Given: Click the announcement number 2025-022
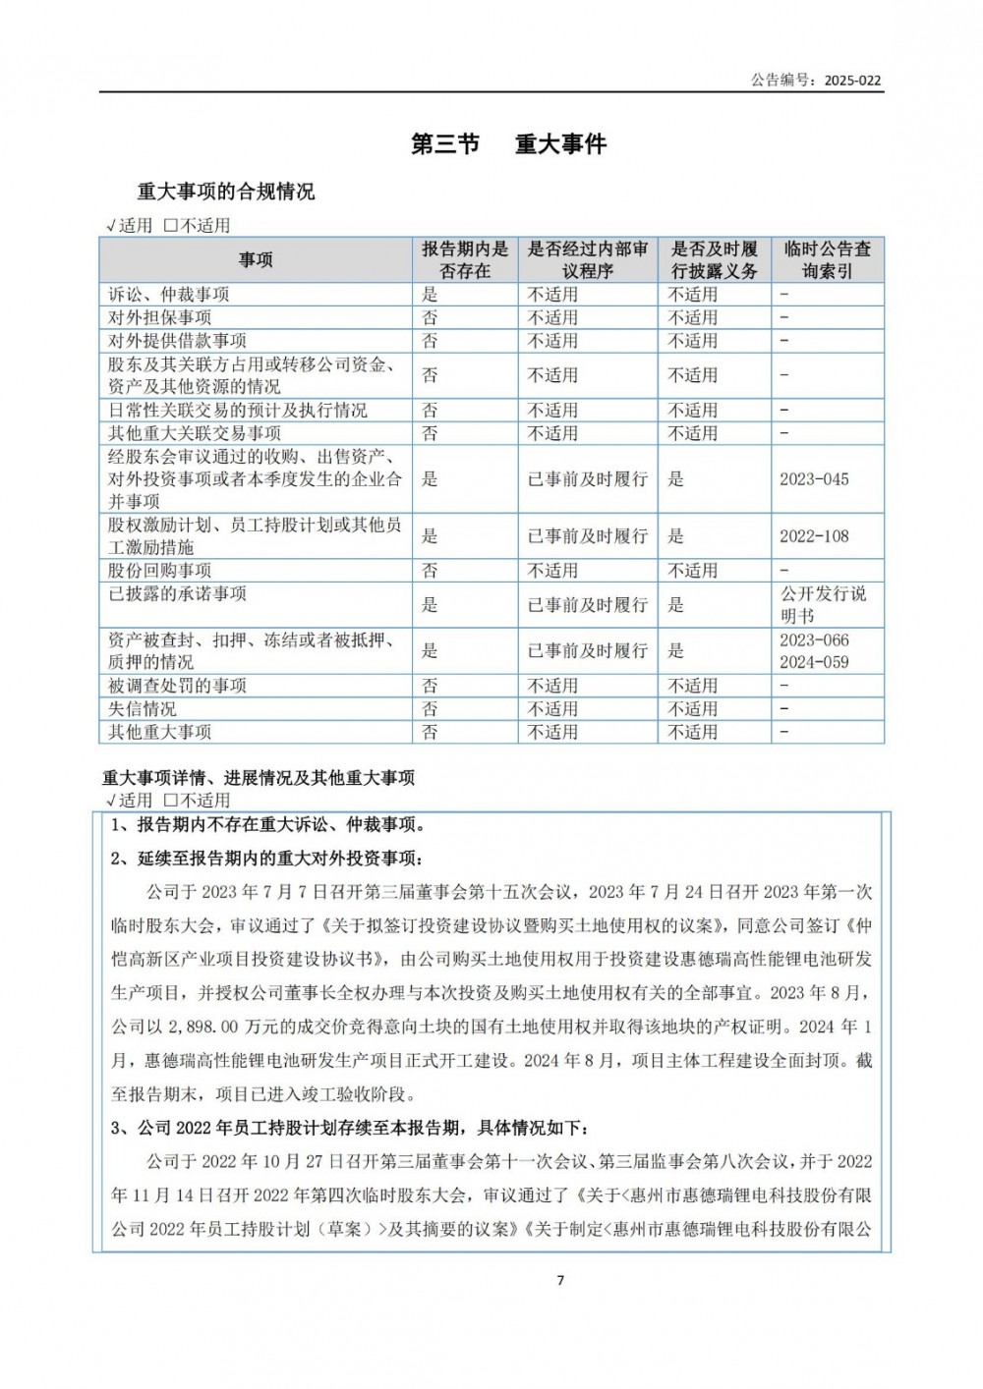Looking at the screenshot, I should coord(852,81).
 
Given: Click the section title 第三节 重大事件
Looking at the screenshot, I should coord(508,144).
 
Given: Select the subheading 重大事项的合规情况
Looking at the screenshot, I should coord(226,192).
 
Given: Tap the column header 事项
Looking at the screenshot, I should coord(256,260).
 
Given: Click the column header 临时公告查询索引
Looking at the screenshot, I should coord(827,260).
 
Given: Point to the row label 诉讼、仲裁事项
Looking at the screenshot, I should coord(169,295).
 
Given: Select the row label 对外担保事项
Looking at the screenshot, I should coord(160,317).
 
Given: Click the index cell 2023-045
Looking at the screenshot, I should coord(814,479).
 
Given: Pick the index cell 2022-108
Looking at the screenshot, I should coord(814,536).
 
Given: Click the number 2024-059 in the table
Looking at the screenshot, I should coord(814,662).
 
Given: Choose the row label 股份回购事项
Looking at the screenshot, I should coord(160,571).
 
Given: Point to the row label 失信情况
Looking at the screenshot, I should coord(143,709).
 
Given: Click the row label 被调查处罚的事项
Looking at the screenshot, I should coord(178,686).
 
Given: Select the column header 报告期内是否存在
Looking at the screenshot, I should coord(465,260).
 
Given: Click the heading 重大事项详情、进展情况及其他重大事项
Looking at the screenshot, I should coord(259,778).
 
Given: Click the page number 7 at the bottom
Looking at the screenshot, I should coord(560,1280).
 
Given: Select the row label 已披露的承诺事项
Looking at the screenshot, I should coord(178,594).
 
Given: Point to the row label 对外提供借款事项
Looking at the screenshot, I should coord(178,341).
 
